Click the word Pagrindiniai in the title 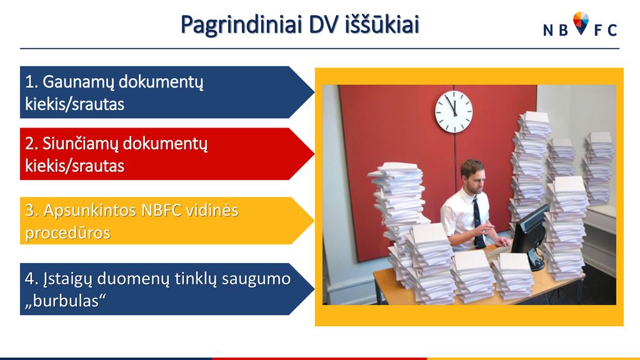pos(241,25)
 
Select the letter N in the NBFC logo pos(547,30)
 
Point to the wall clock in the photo pos(454,111)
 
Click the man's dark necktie pos(478,222)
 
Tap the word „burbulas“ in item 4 pos(65,301)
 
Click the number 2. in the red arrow pos(31,144)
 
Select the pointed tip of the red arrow pos(314,154)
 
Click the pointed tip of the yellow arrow pos(314,221)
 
